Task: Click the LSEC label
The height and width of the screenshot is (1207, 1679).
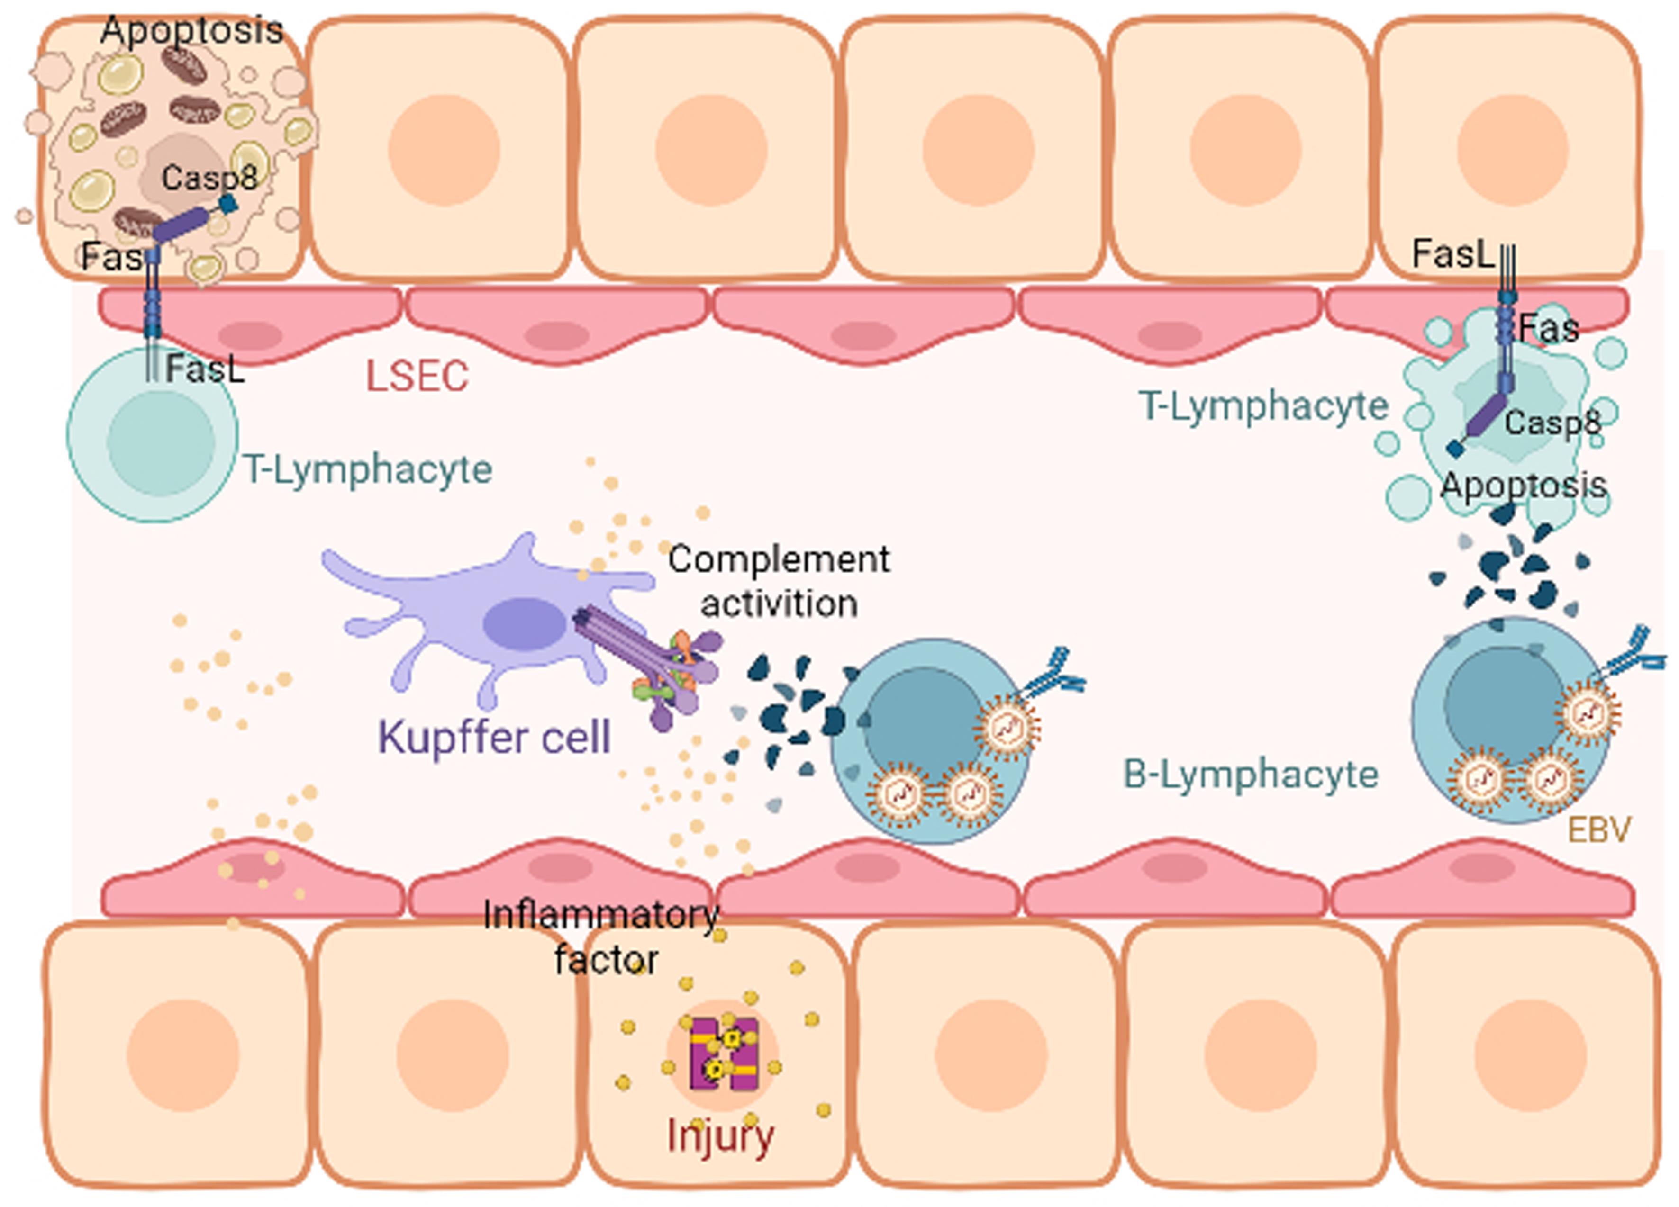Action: [x=417, y=376]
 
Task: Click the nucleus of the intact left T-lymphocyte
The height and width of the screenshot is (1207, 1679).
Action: [x=161, y=442]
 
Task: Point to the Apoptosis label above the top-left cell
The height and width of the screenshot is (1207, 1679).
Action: [x=192, y=30]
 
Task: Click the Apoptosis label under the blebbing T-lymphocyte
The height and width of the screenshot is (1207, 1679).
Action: [x=1523, y=486]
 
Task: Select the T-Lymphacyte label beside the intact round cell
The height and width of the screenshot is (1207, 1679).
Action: [x=368, y=469]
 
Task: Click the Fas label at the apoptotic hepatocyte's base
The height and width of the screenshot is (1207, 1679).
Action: [x=111, y=257]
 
